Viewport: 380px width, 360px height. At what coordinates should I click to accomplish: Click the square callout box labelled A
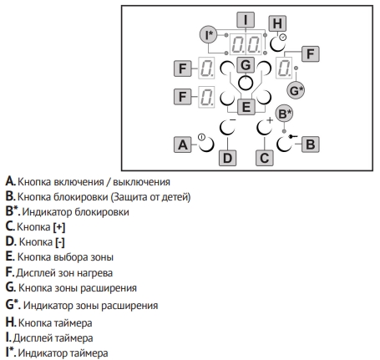[183, 145]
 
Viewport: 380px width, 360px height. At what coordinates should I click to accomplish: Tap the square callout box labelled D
[227, 158]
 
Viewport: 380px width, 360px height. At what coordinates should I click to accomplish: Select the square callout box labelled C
[265, 158]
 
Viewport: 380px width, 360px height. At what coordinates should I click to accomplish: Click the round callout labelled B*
[284, 114]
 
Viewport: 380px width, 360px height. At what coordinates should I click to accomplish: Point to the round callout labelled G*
[296, 90]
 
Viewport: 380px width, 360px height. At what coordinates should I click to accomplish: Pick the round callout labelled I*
[209, 35]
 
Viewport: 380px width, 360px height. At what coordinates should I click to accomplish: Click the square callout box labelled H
[277, 23]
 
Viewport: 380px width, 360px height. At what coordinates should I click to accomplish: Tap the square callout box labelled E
[246, 107]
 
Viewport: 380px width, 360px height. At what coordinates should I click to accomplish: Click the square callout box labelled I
[246, 20]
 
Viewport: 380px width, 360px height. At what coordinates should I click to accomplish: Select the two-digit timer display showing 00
[246, 44]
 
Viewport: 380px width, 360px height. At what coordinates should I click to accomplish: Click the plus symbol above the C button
[270, 120]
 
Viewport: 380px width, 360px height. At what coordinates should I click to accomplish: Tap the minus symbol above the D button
[233, 120]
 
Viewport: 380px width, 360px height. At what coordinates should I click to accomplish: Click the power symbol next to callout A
[201, 137]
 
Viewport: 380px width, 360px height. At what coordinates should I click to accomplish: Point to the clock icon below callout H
[283, 37]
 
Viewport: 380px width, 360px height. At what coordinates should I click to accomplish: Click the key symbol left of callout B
[293, 136]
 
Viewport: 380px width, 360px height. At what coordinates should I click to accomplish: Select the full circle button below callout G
[246, 83]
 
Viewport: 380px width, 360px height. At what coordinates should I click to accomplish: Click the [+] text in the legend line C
[59, 227]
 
